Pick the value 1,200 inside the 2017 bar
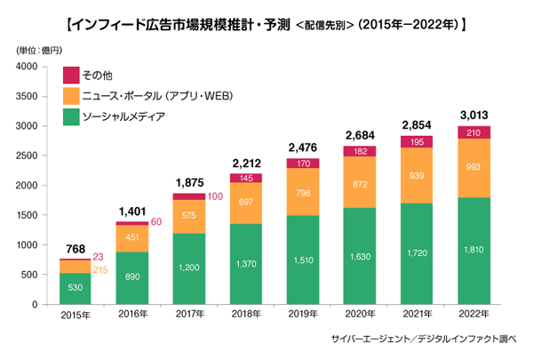coord(188,266)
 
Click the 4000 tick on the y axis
coord(25,67)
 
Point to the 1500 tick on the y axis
coord(25,215)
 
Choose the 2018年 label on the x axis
coord(246,316)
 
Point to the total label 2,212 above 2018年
coord(246,163)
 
